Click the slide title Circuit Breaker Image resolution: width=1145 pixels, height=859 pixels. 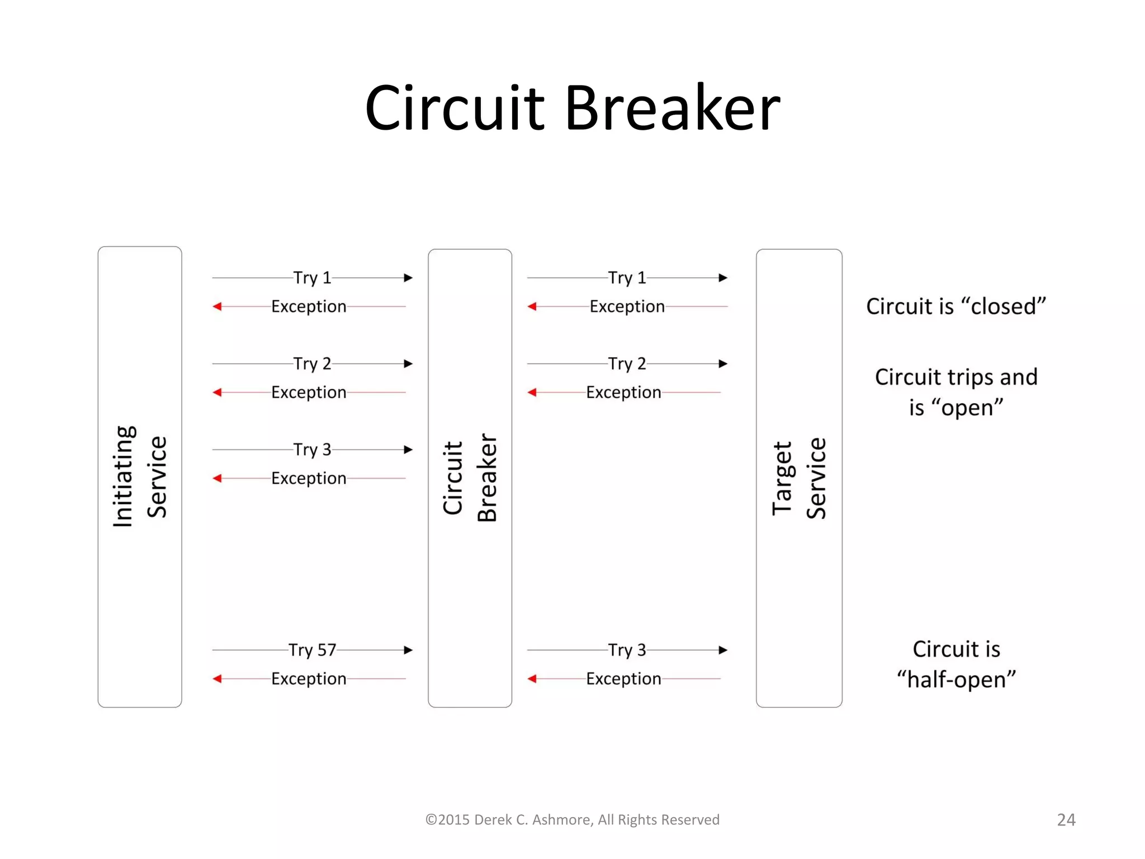(x=572, y=107)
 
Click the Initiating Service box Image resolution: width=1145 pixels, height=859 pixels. (x=140, y=476)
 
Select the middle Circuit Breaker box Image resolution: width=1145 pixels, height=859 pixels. (x=470, y=478)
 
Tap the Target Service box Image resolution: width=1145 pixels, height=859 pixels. (x=798, y=478)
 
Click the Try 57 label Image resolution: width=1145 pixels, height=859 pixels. (x=312, y=650)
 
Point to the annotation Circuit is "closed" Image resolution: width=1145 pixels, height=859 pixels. (x=955, y=306)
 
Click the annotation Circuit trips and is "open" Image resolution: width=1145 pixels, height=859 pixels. (x=955, y=392)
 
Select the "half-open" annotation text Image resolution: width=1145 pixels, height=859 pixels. (x=956, y=679)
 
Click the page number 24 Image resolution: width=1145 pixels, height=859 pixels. (x=1066, y=820)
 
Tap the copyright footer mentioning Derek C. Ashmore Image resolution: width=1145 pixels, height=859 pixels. (x=572, y=820)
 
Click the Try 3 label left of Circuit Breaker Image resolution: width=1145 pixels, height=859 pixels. (x=312, y=450)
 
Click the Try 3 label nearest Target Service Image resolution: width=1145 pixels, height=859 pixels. (x=627, y=650)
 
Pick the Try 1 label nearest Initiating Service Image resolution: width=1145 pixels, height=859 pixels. (x=312, y=278)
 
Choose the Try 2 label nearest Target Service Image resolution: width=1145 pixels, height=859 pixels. (x=627, y=364)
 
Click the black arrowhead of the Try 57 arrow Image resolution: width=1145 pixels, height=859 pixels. (x=408, y=650)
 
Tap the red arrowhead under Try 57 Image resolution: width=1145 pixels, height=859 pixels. (x=217, y=679)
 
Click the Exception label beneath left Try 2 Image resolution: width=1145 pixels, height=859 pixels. (x=309, y=393)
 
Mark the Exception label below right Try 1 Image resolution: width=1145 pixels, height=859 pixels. (x=627, y=306)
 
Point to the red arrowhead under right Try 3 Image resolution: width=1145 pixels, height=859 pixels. (x=532, y=679)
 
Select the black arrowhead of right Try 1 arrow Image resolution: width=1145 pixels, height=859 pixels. (x=723, y=278)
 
